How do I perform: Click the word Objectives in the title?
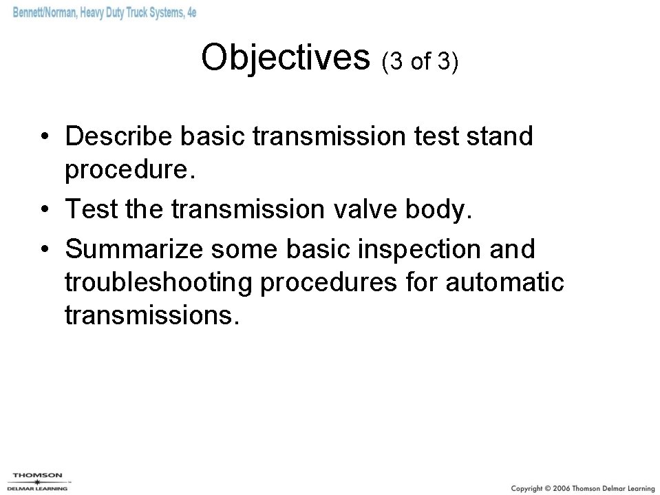point(286,59)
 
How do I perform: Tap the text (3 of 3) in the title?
point(419,62)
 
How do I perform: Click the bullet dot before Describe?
point(43,138)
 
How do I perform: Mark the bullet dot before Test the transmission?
point(43,209)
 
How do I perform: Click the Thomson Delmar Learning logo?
point(37,481)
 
